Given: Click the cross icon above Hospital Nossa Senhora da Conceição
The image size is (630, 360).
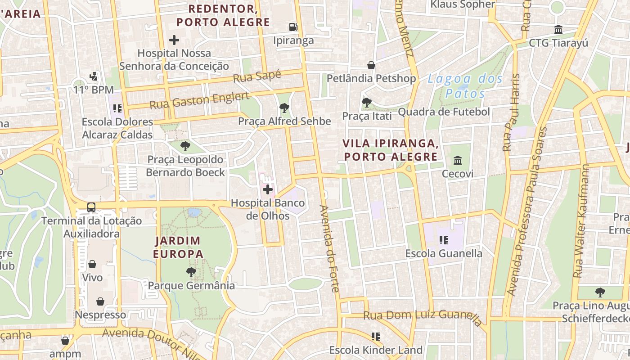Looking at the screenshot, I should (x=174, y=40).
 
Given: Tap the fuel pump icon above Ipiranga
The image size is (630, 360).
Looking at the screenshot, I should (x=293, y=27).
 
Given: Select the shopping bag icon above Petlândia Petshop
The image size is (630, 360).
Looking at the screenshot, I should (x=371, y=65).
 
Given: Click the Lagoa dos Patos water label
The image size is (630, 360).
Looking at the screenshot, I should (x=465, y=86).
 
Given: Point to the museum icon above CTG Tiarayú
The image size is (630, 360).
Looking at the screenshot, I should (x=558, y=30).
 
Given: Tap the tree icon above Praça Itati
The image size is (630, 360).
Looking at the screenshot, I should (x=367, y=103).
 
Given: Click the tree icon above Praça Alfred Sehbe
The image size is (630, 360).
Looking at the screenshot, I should (x=284, y=108).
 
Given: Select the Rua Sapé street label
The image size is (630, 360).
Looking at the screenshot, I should (x=257, y=76).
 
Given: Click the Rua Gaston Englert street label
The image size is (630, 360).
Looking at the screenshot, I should (x=199, y=100).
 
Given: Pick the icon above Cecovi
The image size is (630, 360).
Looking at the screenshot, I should (x=458, y=160).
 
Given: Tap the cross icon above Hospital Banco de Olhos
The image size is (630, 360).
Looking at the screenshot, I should (x=268, y=190).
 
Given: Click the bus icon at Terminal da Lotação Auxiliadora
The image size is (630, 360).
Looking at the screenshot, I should (x=91, y=207).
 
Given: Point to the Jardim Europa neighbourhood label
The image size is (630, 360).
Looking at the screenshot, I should (x=178, y=247).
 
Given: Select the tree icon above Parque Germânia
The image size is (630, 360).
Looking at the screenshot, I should (x=191, y=272).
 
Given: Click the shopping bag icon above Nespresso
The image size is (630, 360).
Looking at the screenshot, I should (x=100, y=301).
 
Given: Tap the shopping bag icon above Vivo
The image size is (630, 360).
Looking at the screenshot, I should (x=92, y=264).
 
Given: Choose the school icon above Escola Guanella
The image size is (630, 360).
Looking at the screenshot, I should (x=444, y=240).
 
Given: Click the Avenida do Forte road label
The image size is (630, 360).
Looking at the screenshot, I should (x=329, y=248).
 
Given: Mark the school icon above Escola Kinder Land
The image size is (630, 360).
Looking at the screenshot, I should (x=376, y=337).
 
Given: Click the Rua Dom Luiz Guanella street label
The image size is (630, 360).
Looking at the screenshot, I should (x=423, y=316).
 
